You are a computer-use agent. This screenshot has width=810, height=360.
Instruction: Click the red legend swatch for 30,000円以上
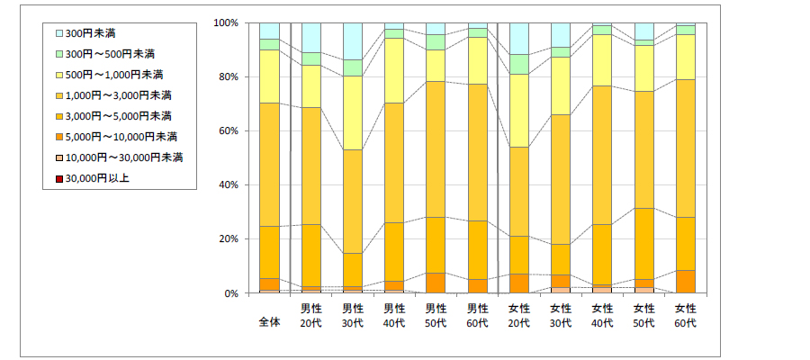[x=60, y=178]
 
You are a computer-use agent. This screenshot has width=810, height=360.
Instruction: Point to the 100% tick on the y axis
[x=225, y=22]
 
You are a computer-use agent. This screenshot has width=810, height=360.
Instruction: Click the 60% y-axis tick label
[x=228, y=130]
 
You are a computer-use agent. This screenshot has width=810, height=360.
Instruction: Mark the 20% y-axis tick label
[x=228, y=238]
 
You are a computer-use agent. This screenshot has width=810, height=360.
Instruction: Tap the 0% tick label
[x=230, y=293]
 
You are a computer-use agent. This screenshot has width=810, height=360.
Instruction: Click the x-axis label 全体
[x=269, y=323]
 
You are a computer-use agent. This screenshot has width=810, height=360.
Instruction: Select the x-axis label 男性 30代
[x=352, y=315]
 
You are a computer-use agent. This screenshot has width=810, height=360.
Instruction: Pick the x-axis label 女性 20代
[x=519, y=315]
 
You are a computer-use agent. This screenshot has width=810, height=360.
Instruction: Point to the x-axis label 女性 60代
[x=686, y=315]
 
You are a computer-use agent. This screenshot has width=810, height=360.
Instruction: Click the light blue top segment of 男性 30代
[x=352, y=40]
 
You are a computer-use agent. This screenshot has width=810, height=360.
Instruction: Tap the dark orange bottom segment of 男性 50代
[x=436, y=283]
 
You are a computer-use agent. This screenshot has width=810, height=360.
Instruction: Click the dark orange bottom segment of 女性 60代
[x=686, y=282]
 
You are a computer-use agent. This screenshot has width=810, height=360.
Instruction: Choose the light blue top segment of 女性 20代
[x=519, y=38]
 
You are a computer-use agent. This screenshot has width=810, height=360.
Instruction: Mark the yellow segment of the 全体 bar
[x=269, y=76]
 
